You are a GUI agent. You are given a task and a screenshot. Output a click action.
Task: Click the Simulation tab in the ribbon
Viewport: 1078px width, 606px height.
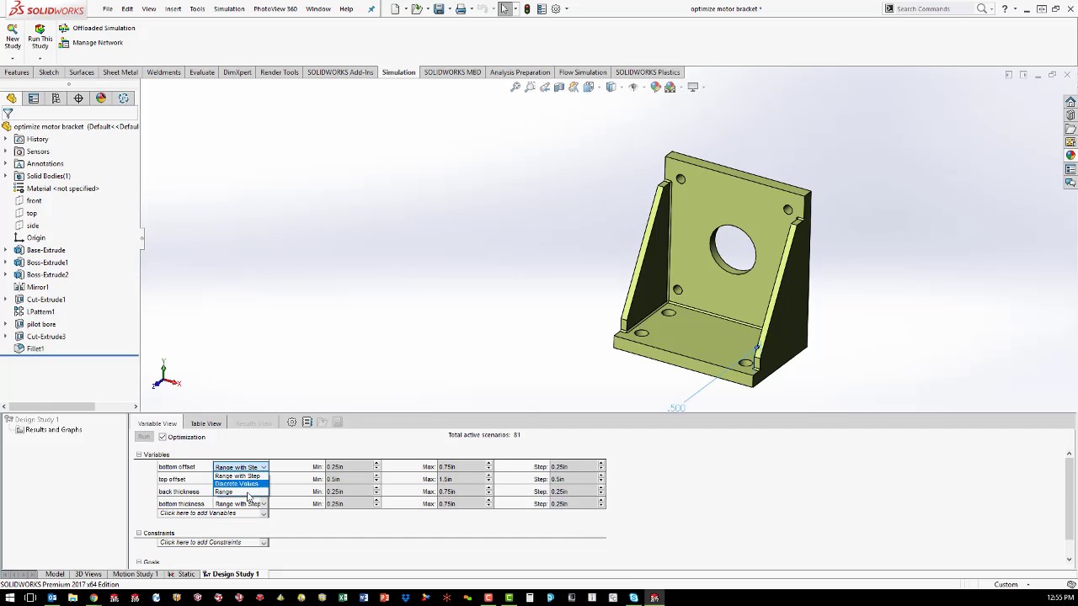tap(398, 72)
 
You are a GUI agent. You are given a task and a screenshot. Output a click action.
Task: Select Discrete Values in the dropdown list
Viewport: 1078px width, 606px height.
tap(237, 484)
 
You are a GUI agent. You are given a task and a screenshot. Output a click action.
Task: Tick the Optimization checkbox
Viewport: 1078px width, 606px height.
tap(163, 437)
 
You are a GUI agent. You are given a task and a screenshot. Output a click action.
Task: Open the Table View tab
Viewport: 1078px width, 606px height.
tap(205, 423)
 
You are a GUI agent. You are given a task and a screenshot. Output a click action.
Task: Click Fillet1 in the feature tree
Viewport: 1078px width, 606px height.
tap(35, 348)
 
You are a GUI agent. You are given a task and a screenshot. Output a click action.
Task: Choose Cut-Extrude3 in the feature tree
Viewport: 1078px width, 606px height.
tap(45, 337)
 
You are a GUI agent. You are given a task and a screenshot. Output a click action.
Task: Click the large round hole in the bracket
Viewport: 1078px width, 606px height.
tap(732, 249)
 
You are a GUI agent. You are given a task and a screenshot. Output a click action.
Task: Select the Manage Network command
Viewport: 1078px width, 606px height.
tap(97, 42)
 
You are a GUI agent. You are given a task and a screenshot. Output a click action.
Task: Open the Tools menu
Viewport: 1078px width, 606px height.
tap(197, 8)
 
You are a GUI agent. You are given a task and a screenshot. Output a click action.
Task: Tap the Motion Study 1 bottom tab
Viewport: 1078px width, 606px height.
tap(135, 574)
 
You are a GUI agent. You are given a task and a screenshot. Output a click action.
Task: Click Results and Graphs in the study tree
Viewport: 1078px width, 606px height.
tap(53, 430)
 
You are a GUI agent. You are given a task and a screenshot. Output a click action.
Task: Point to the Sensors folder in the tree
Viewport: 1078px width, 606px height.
tap(38, 151)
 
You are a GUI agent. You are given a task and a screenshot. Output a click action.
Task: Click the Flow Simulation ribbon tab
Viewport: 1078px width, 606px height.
tap(582, 72)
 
